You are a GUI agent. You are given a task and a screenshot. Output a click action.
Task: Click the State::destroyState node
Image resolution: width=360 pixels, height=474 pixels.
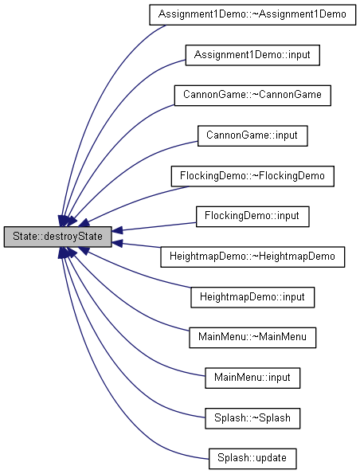click(57, 237)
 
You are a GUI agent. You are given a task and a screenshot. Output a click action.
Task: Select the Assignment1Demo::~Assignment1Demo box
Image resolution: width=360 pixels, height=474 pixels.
click(252, 14)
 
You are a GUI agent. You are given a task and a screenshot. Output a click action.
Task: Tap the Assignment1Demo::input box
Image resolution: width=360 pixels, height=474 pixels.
click(252, 55)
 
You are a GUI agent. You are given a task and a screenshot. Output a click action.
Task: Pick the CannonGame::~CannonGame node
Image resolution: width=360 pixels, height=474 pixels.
click(252, 96)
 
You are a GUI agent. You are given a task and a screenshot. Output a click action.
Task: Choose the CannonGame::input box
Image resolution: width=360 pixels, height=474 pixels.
click(252, 135)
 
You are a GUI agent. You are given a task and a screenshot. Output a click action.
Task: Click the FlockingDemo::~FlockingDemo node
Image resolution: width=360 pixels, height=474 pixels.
click(252, 176)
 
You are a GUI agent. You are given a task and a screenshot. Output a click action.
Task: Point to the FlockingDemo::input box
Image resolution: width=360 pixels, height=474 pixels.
click(252, 217)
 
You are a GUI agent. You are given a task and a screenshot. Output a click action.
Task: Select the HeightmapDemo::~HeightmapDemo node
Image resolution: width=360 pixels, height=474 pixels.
click(252, 257)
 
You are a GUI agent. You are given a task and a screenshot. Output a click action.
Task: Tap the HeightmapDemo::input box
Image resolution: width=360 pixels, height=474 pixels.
click(252, 297)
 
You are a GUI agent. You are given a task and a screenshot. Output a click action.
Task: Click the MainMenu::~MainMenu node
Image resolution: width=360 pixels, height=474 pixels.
click(252, 337)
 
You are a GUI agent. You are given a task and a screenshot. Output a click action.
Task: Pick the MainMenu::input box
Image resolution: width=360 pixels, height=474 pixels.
click(252, 378)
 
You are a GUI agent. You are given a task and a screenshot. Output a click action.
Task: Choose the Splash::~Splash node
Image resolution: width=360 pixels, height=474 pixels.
click(252, 418)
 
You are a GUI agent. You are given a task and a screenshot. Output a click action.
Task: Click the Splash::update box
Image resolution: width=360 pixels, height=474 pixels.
click(252, 458)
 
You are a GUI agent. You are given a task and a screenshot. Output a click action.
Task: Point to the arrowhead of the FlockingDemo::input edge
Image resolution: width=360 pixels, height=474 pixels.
click(117, 230)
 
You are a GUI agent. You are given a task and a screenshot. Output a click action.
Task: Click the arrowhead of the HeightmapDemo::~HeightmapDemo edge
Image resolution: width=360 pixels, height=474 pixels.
click(117, 243)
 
